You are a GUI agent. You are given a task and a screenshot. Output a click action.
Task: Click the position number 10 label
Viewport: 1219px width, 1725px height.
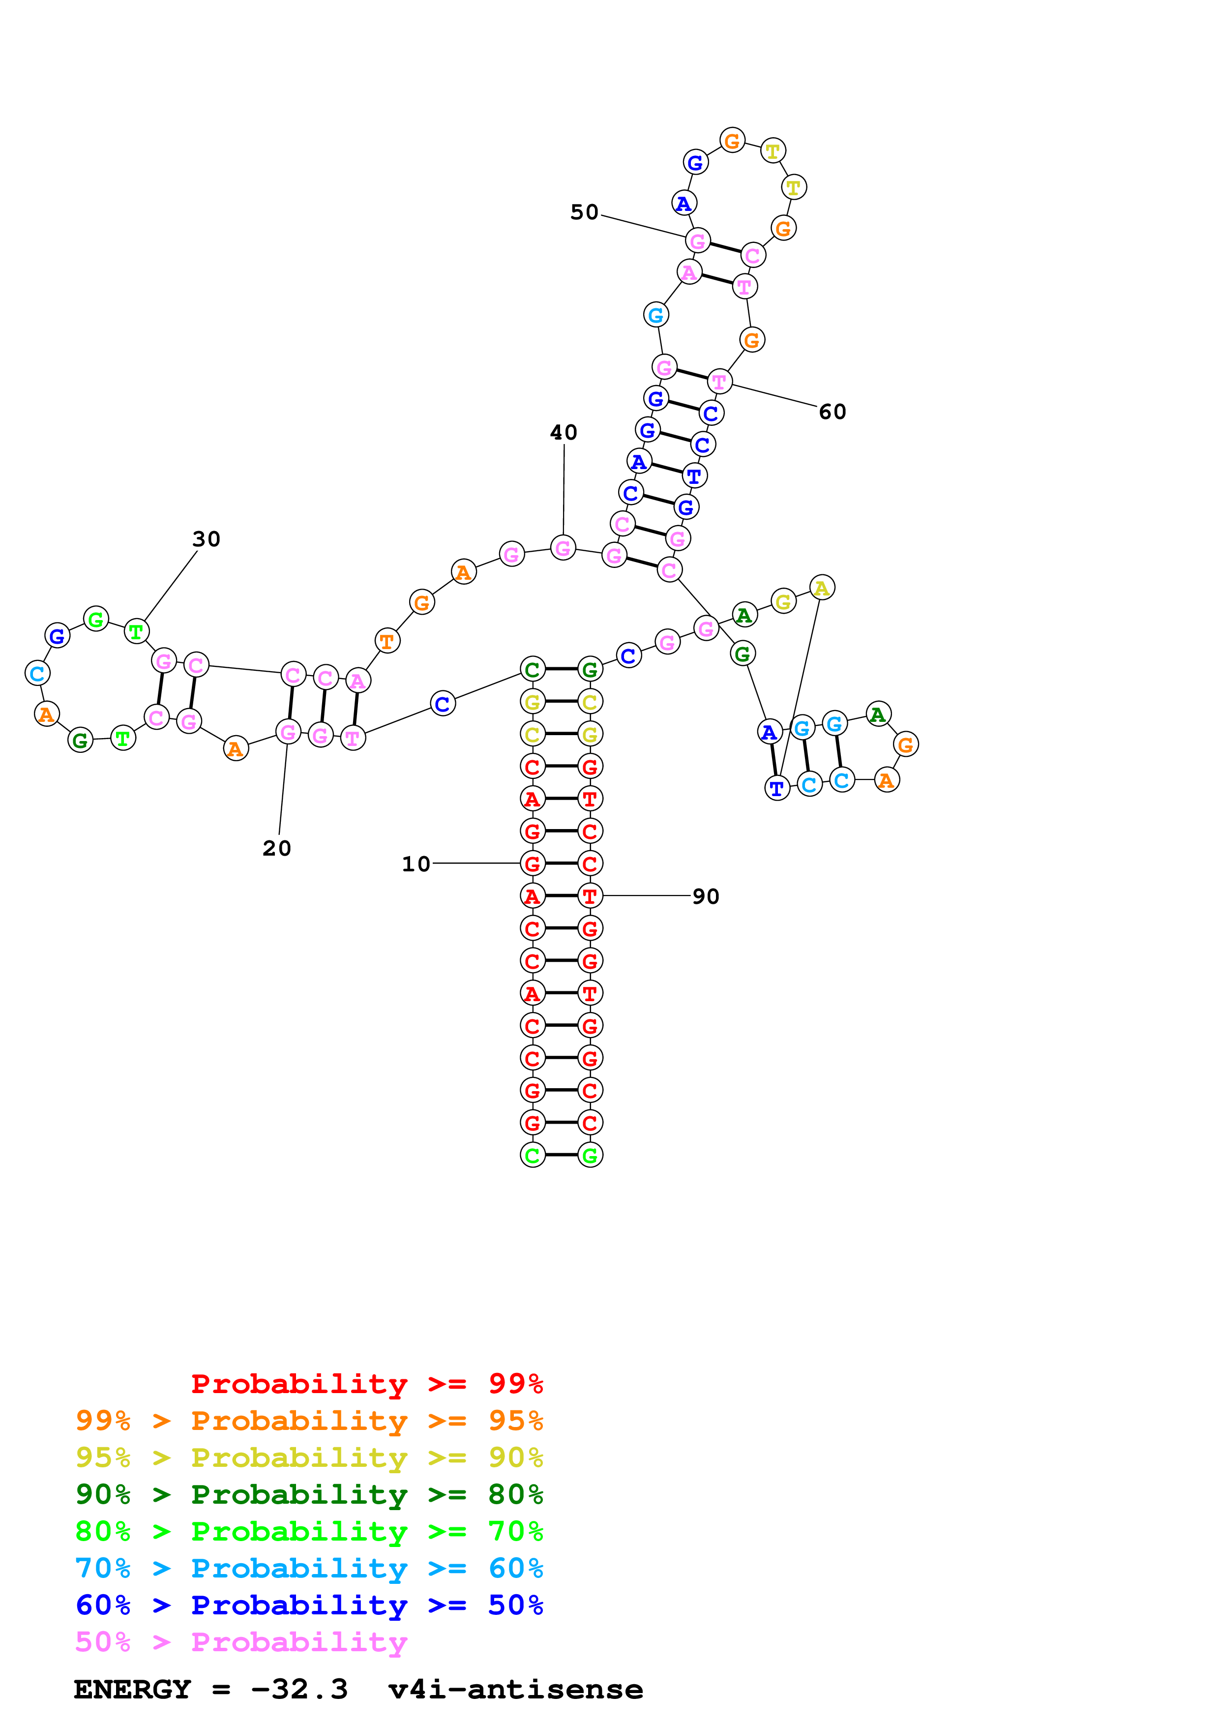(x=416, y=864)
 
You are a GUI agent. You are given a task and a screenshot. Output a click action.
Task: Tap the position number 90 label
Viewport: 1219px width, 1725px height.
(x=705, y=896)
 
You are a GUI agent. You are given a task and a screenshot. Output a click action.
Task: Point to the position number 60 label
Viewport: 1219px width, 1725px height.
(x=832, y=412)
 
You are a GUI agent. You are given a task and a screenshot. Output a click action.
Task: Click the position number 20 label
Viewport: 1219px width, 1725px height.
(x=276, y=848)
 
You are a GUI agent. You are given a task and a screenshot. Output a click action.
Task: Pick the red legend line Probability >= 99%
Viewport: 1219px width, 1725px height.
(x=366, y=1384)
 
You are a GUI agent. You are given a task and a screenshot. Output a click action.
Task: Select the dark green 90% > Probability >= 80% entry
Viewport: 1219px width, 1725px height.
(x=309, y=1494)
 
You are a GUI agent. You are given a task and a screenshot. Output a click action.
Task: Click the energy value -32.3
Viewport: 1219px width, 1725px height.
(x=299, y=1690)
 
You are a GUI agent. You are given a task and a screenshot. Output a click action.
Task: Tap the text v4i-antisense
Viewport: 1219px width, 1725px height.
(x=515, y=1690)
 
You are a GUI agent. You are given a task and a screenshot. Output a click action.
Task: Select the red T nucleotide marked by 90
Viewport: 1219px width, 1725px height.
(x=590, y=896)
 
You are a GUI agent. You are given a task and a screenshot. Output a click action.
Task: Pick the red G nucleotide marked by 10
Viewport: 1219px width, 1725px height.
(x=533, y=864)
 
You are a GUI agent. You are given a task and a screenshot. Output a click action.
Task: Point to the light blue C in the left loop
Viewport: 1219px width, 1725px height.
(x=37, y=673)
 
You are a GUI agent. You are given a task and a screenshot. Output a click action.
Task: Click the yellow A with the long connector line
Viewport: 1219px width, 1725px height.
(x=822, y=588)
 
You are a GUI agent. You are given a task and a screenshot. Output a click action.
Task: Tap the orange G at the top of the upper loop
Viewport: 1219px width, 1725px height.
(x=732, y=141)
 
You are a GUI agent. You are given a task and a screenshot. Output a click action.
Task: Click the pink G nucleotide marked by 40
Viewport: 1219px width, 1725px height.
(x=563, y=548)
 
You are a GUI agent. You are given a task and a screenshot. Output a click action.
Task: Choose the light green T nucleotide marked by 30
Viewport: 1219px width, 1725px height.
(x=136, y=632)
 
